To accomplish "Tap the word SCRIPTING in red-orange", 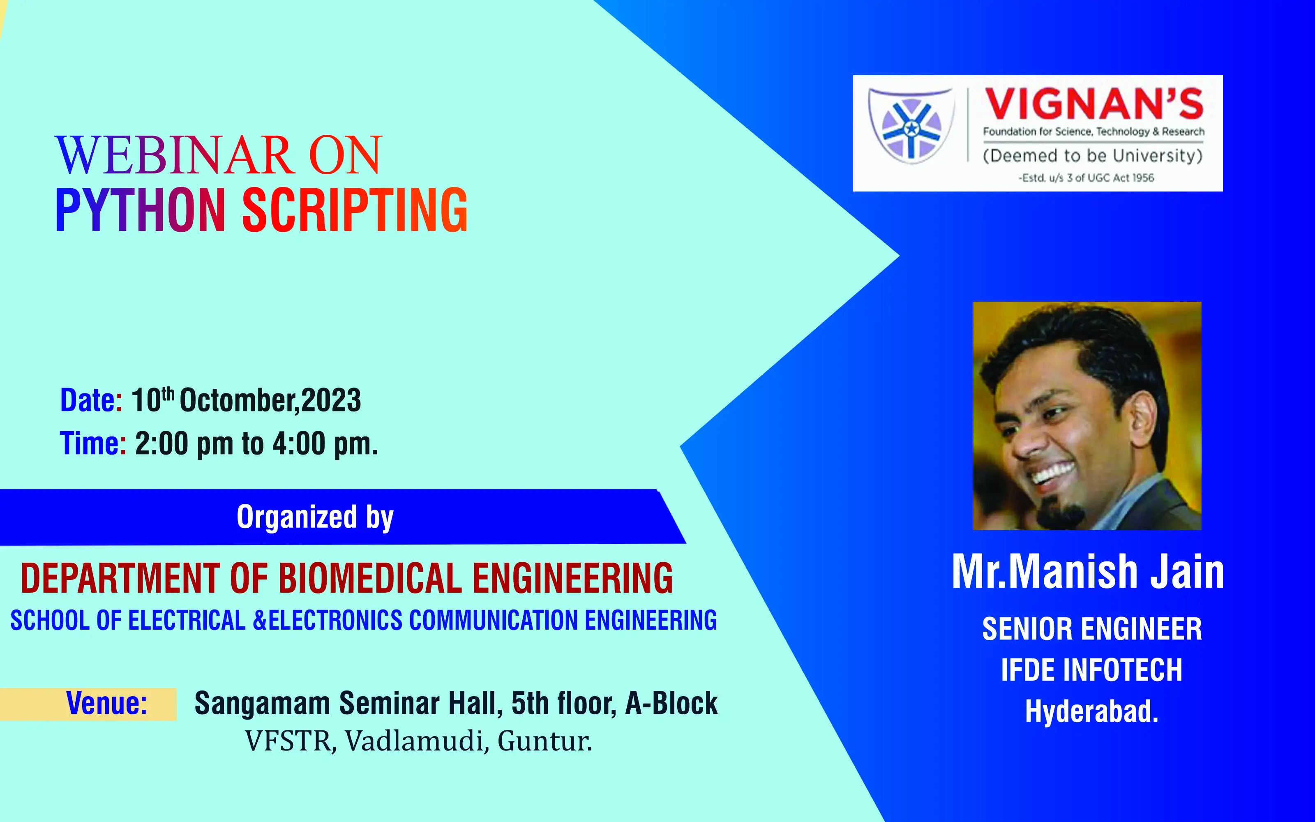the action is (354, 210).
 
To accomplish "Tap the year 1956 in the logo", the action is (1143, 178).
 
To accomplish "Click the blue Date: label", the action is (91, 400).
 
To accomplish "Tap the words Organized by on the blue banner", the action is (315, 517).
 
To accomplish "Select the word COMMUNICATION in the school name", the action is (494, 620).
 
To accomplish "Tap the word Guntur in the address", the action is (544, 741).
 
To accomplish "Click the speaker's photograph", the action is (1087, 416).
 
